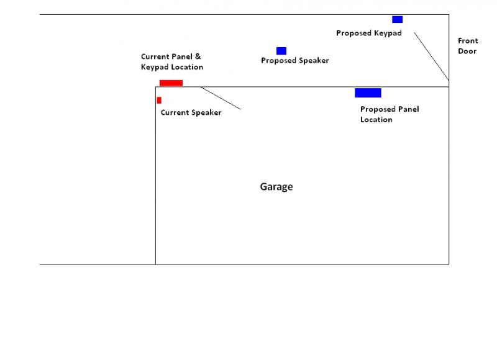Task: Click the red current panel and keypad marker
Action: (x=171, y=83)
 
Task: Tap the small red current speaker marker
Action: (x=159, y=101)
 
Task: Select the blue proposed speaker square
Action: (x=281, y=51)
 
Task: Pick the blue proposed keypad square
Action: (x=398, y=19)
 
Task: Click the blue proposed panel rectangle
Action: (x=368, y=92)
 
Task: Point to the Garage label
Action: (x=276, y=187)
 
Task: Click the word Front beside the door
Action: (x=468, y=40)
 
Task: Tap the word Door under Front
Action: (x=467, y=51)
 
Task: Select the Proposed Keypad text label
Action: (x=369, y=34)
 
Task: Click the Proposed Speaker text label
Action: (x=294, y=60)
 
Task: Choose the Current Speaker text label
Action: (x=191, y=113)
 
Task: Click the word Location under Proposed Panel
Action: (x=376, y=120)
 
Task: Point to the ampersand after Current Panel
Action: (x=198, y=56)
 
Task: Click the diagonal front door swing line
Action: (x=431, y=56)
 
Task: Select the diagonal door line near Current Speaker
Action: (x=221, y=98)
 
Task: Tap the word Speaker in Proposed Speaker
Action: (x=314, y=60)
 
